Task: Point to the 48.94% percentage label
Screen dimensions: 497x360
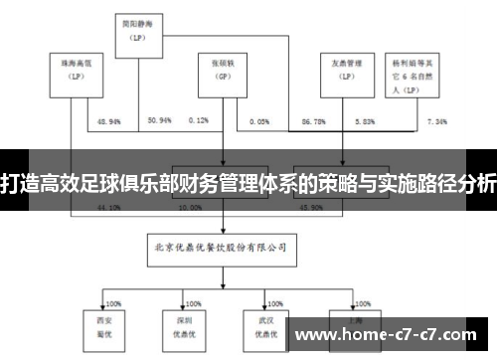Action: click(109, 120)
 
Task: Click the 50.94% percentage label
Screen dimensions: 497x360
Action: click(159, 120)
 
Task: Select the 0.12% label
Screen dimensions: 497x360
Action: click(198, 120)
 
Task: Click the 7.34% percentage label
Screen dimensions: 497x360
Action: click(437, 120)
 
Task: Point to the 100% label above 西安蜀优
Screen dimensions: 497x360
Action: click(112, 290)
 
